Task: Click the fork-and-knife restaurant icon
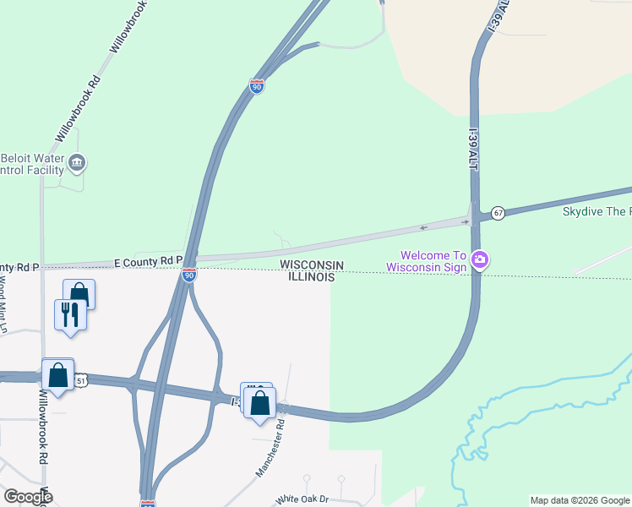69,314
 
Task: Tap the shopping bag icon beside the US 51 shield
57,373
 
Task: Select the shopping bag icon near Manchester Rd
259,402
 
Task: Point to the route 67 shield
499,213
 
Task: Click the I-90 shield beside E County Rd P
189,275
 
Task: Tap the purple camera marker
480,259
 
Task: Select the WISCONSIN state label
312,265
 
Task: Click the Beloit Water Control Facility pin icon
77,162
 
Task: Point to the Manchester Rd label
270,448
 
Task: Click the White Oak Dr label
301,499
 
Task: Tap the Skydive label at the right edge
597,211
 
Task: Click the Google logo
28,497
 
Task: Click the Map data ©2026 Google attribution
580,500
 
